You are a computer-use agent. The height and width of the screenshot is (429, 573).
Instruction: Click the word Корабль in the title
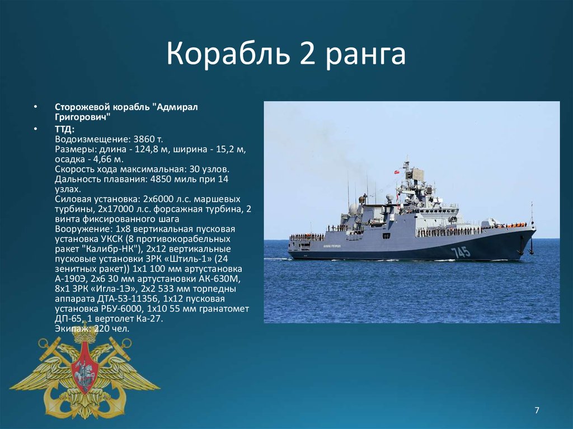228,53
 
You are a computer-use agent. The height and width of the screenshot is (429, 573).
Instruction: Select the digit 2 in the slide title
307,53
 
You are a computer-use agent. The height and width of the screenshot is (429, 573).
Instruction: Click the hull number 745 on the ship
460,252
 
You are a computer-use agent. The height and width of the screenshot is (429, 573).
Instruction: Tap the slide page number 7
537,410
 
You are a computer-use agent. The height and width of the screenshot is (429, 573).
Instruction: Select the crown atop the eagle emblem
84,333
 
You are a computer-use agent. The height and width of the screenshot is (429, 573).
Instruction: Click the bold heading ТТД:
65,129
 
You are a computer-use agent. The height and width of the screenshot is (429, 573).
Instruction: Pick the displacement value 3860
144,139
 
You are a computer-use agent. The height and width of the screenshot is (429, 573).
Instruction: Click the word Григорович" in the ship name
83,117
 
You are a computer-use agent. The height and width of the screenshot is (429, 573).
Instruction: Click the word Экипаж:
73,329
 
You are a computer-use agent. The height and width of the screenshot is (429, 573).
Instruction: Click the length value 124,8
147,149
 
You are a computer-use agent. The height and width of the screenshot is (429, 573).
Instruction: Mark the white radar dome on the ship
354,209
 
